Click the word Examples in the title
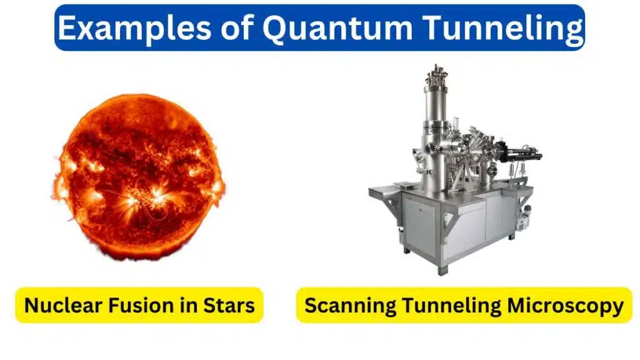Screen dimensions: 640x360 coord(134,28)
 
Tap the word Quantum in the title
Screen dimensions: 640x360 coord(337,28)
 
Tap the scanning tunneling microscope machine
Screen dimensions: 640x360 coord(455,170)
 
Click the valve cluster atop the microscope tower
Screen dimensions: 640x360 coord(436,74)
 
